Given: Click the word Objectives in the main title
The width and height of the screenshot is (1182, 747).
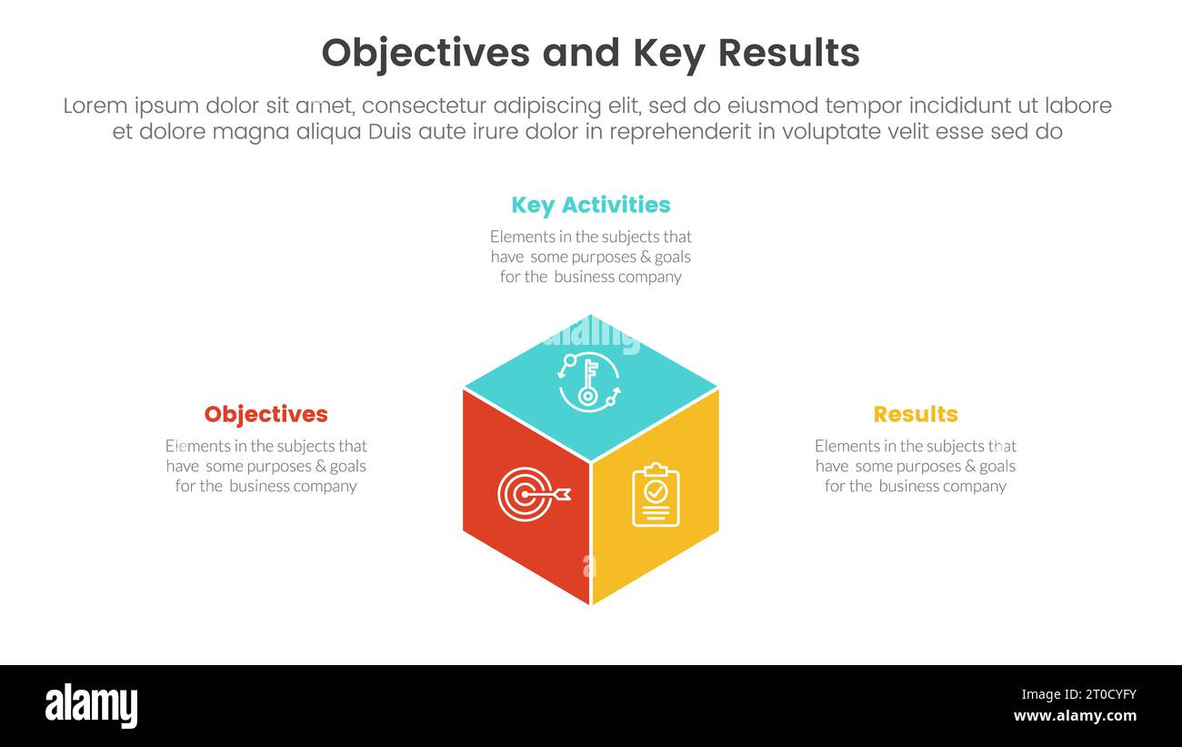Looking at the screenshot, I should (426, 54).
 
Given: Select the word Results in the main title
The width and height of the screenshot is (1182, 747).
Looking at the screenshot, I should (788, 54).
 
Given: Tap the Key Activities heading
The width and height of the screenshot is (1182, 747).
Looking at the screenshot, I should (591, 205).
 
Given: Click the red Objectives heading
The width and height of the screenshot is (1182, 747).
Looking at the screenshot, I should (265, 414).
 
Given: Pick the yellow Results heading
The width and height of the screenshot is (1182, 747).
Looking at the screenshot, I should (915, 414).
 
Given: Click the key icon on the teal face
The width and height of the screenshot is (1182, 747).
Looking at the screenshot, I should (589, 380).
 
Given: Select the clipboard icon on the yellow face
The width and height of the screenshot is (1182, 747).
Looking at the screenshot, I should (656, 495).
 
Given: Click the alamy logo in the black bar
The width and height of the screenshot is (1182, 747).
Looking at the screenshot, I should (91, 706).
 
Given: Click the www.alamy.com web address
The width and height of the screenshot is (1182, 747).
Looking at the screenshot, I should (1075, 716).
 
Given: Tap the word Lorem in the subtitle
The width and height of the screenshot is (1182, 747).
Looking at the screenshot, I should (95, 106).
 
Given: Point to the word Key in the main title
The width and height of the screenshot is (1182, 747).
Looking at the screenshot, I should (667, 54).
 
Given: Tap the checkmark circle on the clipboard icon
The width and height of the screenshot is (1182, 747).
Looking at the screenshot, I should (656, 491).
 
